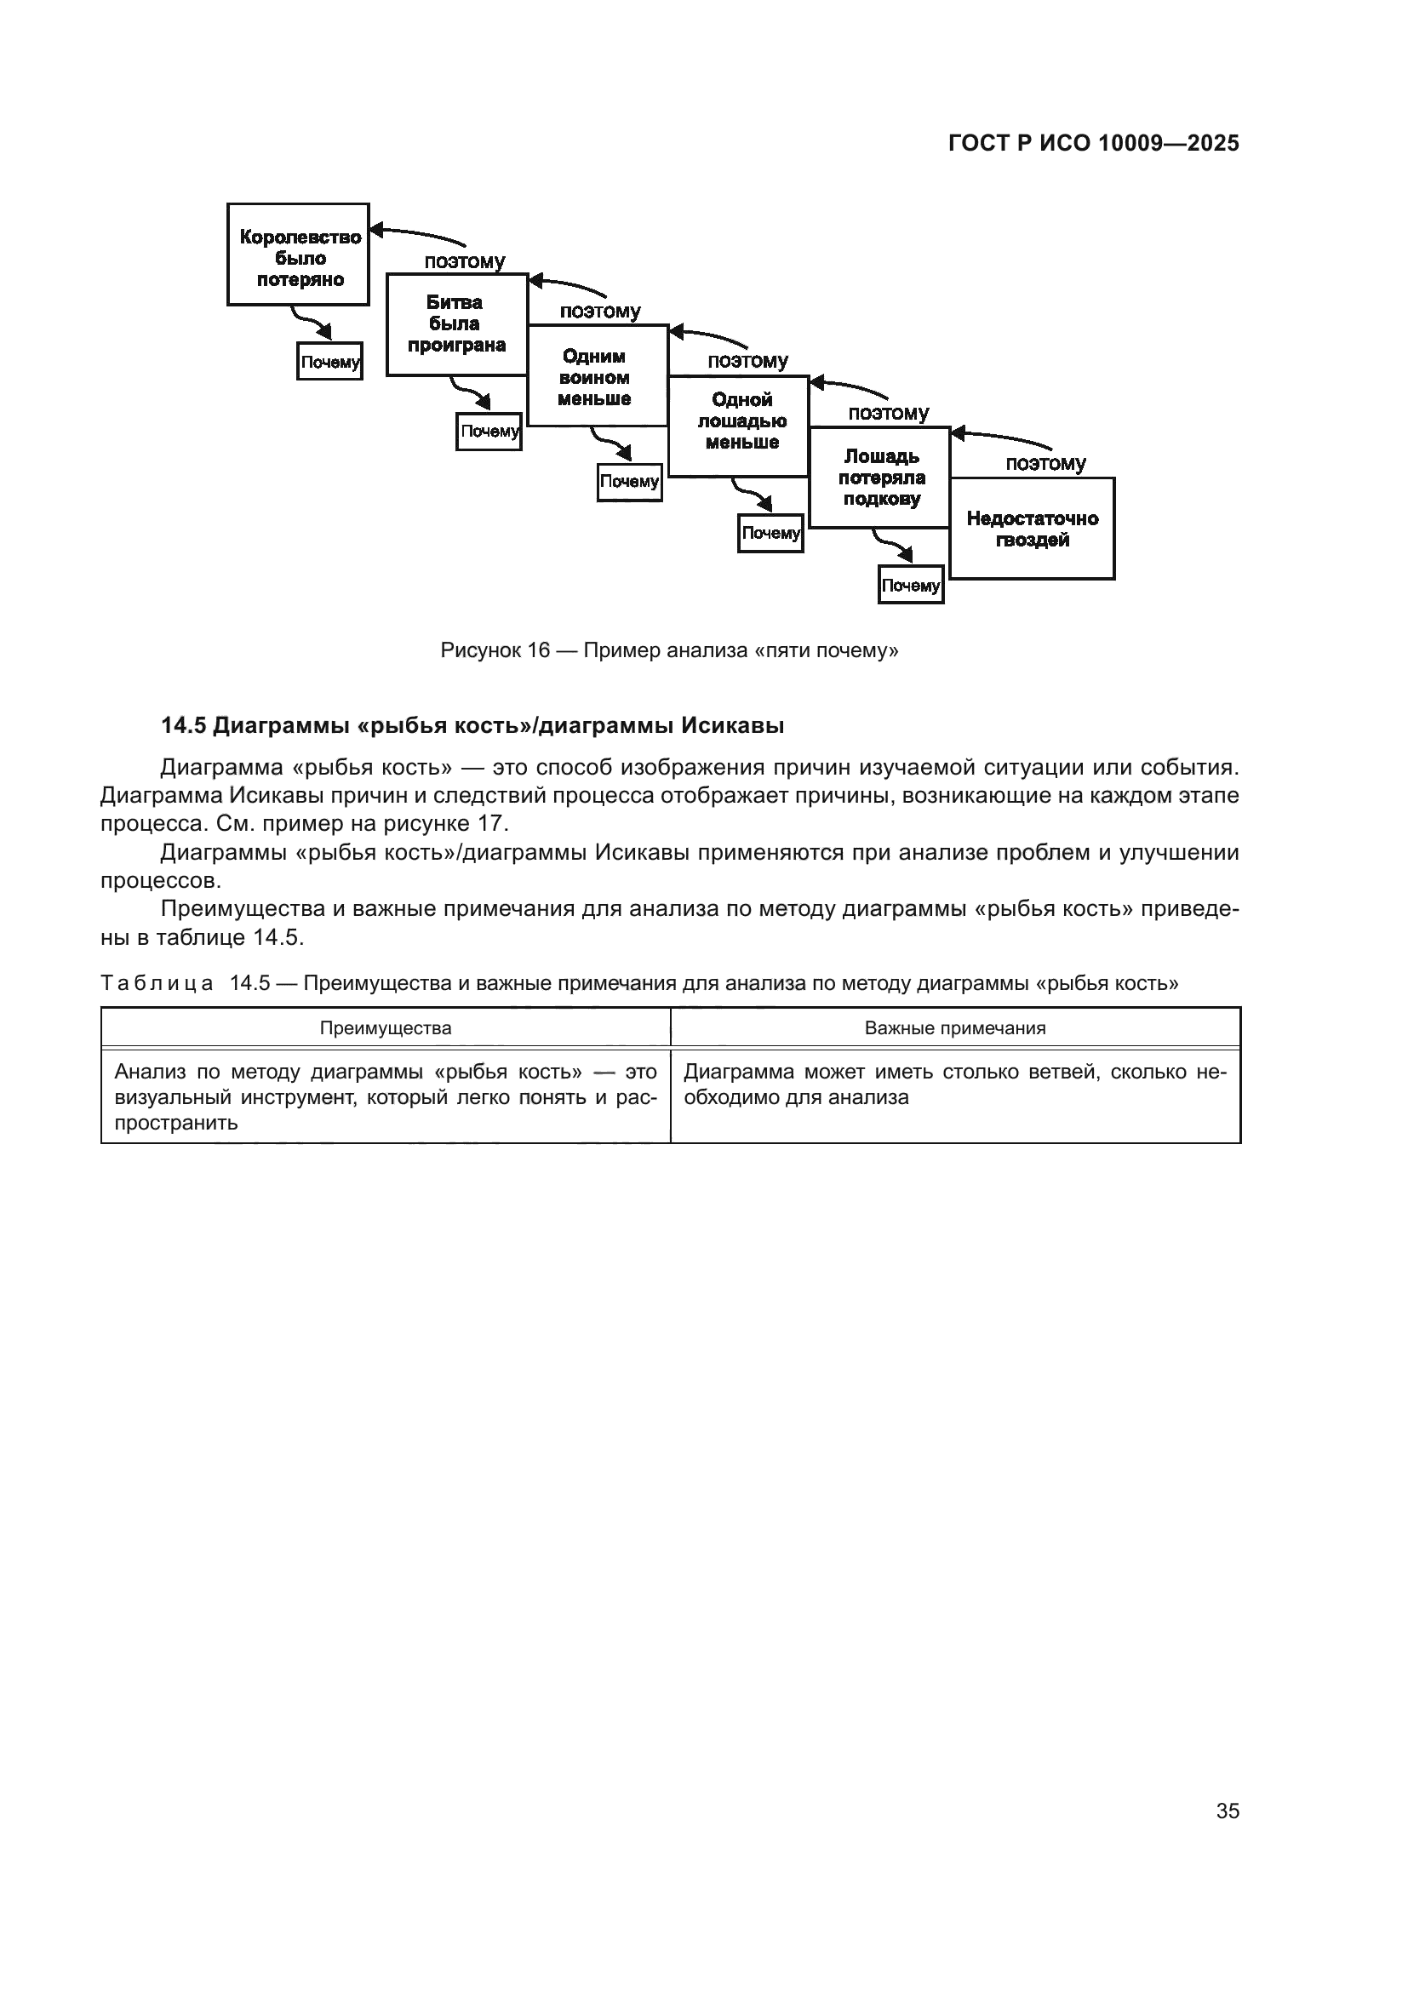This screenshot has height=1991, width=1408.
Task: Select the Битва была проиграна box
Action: tap(457, 324)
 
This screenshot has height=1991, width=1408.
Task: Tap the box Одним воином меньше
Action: tap(597, 376)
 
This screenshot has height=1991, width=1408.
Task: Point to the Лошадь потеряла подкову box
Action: tap(880, 477)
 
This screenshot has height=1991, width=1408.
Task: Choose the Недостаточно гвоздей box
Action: tap(1032, 529)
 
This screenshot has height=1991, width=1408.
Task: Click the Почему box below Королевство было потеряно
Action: tap(329, 362)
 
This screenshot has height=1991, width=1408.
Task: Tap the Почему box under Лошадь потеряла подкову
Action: tap(910, 586)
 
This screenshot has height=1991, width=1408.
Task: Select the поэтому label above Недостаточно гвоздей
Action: tap(1045, 463)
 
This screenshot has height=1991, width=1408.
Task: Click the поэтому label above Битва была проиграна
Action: tap(465, 261)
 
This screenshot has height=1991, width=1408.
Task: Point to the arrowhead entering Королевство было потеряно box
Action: tap(376, 231)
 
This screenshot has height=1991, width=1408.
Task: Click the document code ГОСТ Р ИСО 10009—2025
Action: tap(1093, 143)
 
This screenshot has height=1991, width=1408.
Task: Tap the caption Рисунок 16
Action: tap(495, 650)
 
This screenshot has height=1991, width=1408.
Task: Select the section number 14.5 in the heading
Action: tap(183, 726)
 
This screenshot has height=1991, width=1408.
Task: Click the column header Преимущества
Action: tap(385, 1028)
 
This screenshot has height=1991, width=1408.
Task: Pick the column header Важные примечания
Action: tap(954, 1028)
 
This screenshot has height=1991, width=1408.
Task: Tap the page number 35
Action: tap(1227, 1811)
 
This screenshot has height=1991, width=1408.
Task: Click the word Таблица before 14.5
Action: tap(156, 983)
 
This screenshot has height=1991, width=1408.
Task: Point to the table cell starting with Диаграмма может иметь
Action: tap(954, 1084)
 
